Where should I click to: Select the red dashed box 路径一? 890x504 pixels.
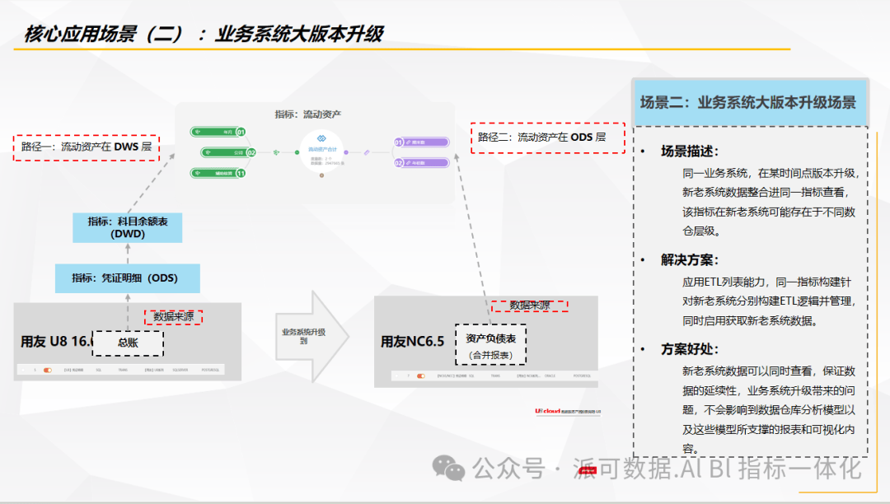click(87, 147)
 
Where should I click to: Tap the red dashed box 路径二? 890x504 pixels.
click(548, 138)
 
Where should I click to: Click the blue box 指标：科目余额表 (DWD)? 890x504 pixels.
click(127, 227)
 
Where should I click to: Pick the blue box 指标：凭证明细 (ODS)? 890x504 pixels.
click(127, 278)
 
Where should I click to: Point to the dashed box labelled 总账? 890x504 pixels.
click(128, 343)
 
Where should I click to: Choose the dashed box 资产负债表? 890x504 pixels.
click(490, 345)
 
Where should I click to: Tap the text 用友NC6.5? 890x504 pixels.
click(412, 341)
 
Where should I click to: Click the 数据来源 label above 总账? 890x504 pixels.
click(173, 316)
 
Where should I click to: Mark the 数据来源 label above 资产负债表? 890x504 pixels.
click(530, 306)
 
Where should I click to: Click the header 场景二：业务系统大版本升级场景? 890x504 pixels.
click(748, 103)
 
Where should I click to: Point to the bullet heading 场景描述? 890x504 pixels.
click(689, 152)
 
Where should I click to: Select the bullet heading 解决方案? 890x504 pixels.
click(689, 259)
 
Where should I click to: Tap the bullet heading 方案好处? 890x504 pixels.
click(689, 348)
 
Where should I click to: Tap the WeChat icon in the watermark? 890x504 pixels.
click(450, 469)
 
